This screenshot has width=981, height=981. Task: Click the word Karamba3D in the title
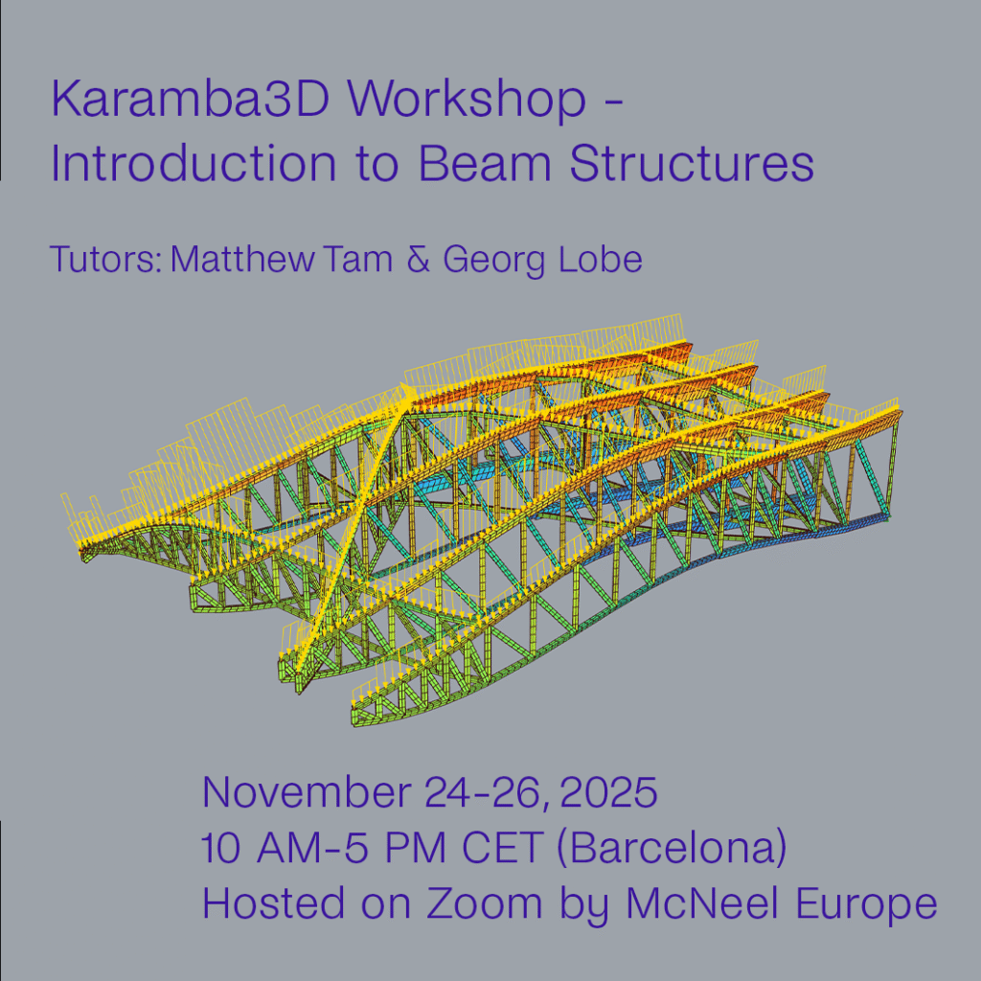[x=191, y=99]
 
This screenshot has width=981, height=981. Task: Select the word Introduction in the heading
[x=194, y=163]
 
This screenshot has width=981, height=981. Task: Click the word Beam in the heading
[x=485, y=163]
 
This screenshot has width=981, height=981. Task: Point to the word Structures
[x=692, y=163]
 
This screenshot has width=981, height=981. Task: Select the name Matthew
[x=242, y=259]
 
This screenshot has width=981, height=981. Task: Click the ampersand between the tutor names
[x=419, y=260]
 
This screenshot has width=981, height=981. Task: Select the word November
[x=307, y=791]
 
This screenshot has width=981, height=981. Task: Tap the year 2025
[x=608, y=792]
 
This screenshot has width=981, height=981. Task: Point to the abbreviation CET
[x=502, y=848]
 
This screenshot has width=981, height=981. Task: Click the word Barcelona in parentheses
[x=671, y=849]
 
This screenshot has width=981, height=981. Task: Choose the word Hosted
[x=275, y=903]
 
